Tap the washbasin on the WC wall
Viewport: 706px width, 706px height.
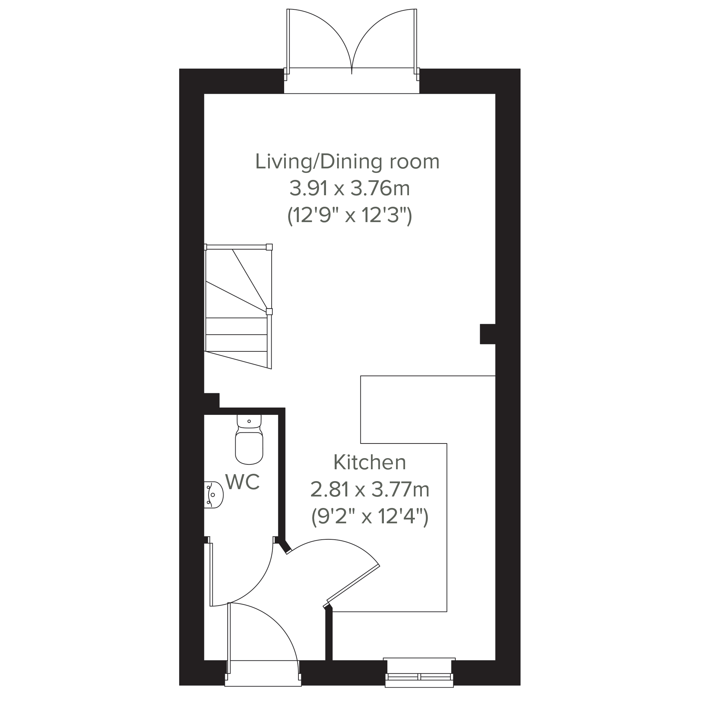213,495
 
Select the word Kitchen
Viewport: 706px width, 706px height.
370,462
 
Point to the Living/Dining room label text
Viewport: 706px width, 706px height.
347,162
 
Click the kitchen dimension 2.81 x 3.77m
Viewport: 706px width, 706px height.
370,490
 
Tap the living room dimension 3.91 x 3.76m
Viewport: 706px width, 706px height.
350,189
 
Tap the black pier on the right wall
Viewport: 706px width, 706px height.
487,334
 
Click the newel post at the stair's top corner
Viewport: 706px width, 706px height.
269,247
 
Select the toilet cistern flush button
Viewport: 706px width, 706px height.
249,422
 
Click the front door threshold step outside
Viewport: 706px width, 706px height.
263,683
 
